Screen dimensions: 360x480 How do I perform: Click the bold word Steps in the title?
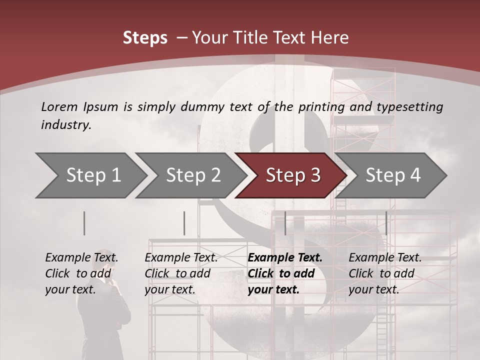click(x=145, y=38)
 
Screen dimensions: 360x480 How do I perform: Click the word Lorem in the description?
click(x=59, y=106)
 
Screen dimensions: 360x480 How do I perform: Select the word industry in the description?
click(x=65, y=125)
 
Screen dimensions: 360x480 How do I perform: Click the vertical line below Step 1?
click(x=84, y=223)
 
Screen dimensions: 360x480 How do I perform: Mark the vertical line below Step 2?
click(x=184, y=223)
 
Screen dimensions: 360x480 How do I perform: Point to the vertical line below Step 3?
click(x=285, y=223)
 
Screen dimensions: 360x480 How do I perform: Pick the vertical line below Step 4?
click(x=386, y=223)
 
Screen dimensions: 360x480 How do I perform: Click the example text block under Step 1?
click(x=81, y=273)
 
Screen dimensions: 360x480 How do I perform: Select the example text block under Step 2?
click(x=181, y=273)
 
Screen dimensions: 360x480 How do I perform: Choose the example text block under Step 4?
click(x=385, y=273)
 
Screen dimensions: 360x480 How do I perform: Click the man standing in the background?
click(x=112, y=310)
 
